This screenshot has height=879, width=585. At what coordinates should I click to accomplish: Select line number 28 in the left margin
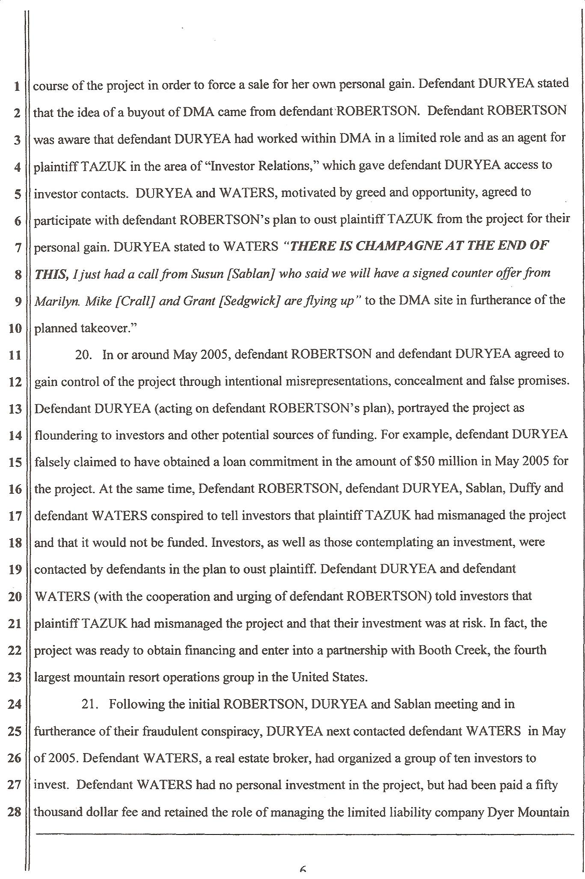[15, 812]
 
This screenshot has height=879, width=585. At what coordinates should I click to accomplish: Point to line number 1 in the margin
[17, 86]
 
